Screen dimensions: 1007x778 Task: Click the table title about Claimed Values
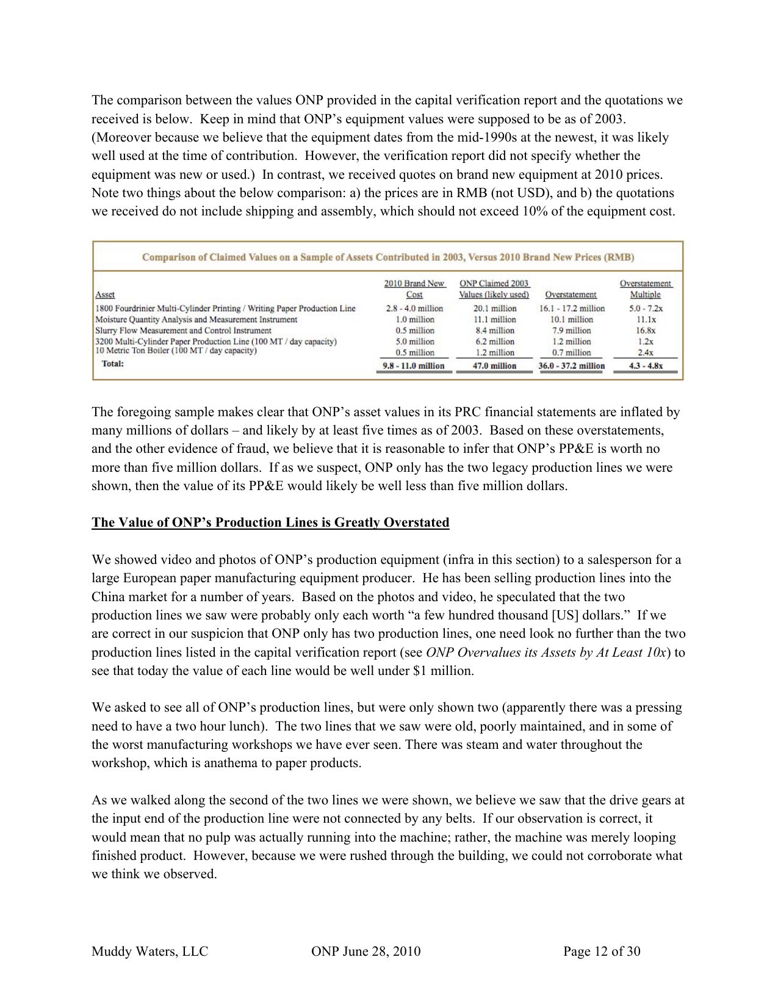coord(387,257)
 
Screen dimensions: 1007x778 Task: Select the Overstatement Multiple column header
coord(645,289)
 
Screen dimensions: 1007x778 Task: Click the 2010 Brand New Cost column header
coord(414,289)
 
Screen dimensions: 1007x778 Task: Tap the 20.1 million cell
coord(494,309)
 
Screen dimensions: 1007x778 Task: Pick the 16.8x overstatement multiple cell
coord(645,331)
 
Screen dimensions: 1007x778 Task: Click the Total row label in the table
coord(113,364)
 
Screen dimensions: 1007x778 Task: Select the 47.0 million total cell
coord(494,366)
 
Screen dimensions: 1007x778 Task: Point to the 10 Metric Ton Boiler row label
coord(176,351)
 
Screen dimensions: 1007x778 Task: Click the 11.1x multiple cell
coord(646,320)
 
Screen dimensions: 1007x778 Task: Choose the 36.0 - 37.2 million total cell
coord(571,366)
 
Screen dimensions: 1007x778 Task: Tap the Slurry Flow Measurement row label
coord(183,331)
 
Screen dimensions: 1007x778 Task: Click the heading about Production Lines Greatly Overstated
coord(270,522)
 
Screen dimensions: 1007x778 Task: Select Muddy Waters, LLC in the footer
coord(149,951)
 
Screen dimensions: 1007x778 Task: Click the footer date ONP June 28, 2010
coord(366,951)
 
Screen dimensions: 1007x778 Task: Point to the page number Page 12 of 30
coord(602,951)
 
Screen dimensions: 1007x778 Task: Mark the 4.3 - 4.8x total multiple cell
coord(646,366)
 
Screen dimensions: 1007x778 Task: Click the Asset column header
coord(105,295)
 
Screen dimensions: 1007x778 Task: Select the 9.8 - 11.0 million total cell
coord(414,366)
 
